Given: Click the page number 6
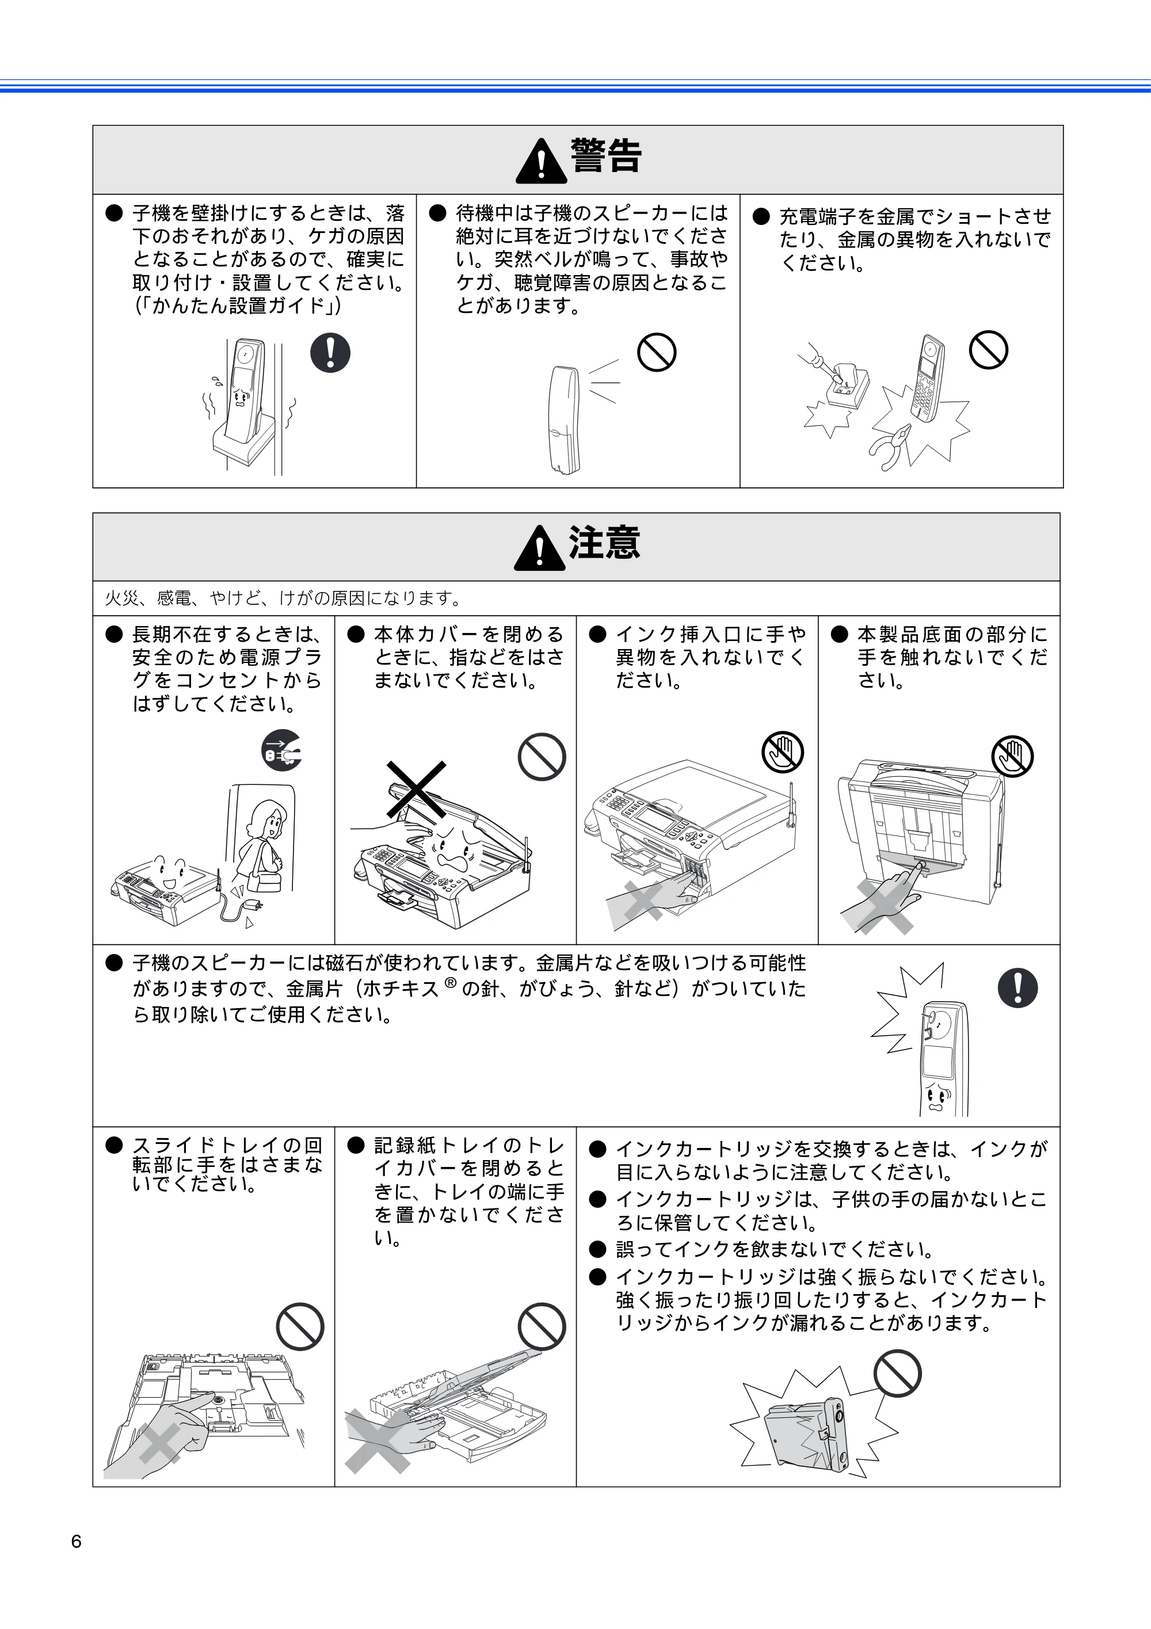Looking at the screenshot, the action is [x=76, y=1542].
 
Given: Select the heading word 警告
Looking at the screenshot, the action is [x=606, y=155].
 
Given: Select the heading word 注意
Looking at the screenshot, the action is [x=605, y=542].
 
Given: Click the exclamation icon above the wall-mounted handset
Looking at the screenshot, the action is [x=330, y=353].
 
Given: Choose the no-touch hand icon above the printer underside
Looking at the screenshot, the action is [x=1012, y=756].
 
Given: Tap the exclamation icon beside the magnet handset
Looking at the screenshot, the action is [x=1017, y=987].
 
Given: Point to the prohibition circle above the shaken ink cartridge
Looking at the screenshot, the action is [x=897, y=1373].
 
